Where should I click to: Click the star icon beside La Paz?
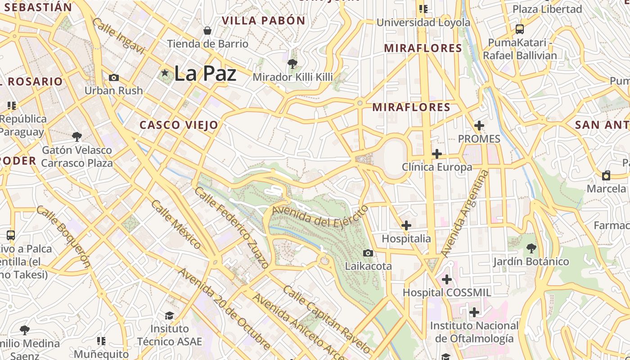pyautogui.click(x=165, y=72)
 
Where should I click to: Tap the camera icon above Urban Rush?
pyautogui.click(x=114, y=77)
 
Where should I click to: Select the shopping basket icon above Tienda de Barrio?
pyautogui.click(x=207, y=31)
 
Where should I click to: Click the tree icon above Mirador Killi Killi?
pyautogui.click(x=292, y=64)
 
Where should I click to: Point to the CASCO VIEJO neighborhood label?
pyautogui.click(x=179, y=125)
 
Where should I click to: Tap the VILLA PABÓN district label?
pyautogui.click(x=264, y=20)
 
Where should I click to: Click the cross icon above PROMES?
pyautogui.click(x=479, y=126)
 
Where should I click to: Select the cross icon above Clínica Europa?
pyautogui.click(x=436, y=154)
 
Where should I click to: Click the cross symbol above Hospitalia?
pyautogui.click(x=406, y=225)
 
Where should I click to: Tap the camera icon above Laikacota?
pyautogui.click(x=368, y=253)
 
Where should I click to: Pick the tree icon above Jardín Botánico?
pyautogui.click(x=531, y=248)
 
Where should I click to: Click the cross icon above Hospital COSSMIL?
pyautogui.click(x=446, y=279)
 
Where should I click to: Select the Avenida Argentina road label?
pyautogui.click(x=465, y=213)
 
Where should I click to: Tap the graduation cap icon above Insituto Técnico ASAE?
pyautogui.click(x=169, y=315)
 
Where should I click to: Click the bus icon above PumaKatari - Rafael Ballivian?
pyautogui.click(x=520, y=29)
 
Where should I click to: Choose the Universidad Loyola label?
pyautogui.click(x=423, y=22)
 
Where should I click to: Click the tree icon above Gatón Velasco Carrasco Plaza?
pyautogui.click(x=77, y=136)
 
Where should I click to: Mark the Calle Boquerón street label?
pyautogui.click(x=63, y=236)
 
